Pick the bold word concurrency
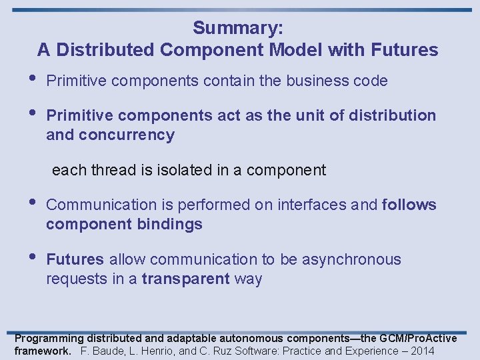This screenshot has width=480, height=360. click(x=126, y=135)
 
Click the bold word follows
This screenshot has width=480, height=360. click(x=409, y=205)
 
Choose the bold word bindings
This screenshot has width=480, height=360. click(x=169, y=224)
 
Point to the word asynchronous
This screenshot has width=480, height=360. click(x=351, y=259)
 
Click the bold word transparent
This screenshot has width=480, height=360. click(x=186, y=279)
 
